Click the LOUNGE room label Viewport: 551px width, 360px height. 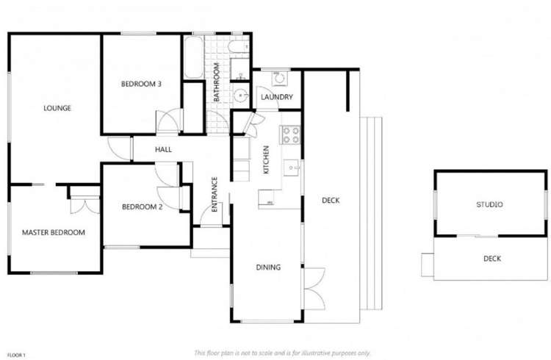click(57, 108)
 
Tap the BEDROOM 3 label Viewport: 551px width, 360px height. click(141, 84)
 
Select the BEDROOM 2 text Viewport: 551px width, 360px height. click(141, 206)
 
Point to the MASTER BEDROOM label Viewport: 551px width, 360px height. click(53, 232)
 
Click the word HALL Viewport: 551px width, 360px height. click(163, 149)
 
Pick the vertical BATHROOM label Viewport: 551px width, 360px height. click(217, 82)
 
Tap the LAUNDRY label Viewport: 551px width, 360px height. click(277, 97)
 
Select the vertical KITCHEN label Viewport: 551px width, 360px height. click(266, 160)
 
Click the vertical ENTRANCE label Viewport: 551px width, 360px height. click(215, 195)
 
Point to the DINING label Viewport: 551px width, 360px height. click(268, 267)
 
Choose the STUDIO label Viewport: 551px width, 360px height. click(489, 204)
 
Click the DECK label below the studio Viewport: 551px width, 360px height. click(491, 258)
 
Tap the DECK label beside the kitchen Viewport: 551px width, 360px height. click(331, 200)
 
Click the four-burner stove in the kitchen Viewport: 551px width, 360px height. click(289, 134)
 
